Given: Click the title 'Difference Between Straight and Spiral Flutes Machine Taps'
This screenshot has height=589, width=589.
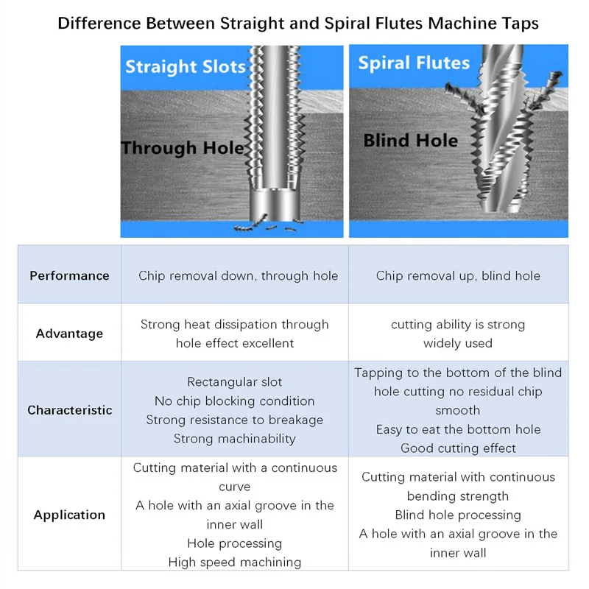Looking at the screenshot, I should pos(298,23).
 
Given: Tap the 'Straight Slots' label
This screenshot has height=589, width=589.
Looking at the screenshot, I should pos(185,68).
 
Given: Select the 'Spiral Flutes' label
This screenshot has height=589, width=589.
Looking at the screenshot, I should pos(414,63).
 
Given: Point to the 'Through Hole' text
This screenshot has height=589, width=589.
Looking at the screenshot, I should pos(183,148).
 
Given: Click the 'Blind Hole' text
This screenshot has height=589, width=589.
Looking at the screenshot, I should pos(410,140).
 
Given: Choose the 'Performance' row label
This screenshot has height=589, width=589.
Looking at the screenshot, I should pos(69,276).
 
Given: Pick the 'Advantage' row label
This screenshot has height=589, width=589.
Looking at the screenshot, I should pos(69,334).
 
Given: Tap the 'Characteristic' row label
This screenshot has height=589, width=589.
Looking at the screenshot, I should pos(70,410).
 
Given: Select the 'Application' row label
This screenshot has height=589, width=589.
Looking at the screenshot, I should pos(69,515).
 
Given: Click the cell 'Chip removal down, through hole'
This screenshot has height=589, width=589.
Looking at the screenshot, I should pos(238,276).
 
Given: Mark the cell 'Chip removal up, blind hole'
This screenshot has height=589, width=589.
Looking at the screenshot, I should pos(458,276).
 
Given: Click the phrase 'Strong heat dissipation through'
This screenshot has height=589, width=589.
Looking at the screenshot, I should pos(235,325).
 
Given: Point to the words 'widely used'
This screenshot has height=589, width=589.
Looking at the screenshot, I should pos(458,343).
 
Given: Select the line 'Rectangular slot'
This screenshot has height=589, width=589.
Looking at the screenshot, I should pos(235,382).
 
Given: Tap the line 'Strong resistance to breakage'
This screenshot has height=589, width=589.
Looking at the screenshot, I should pos(235,420).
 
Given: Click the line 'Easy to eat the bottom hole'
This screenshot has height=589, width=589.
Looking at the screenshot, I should pos(458,429).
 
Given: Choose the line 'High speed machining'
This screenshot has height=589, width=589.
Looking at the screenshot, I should pos(235,562).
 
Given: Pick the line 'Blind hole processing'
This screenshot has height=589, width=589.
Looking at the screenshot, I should pos(458,515).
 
